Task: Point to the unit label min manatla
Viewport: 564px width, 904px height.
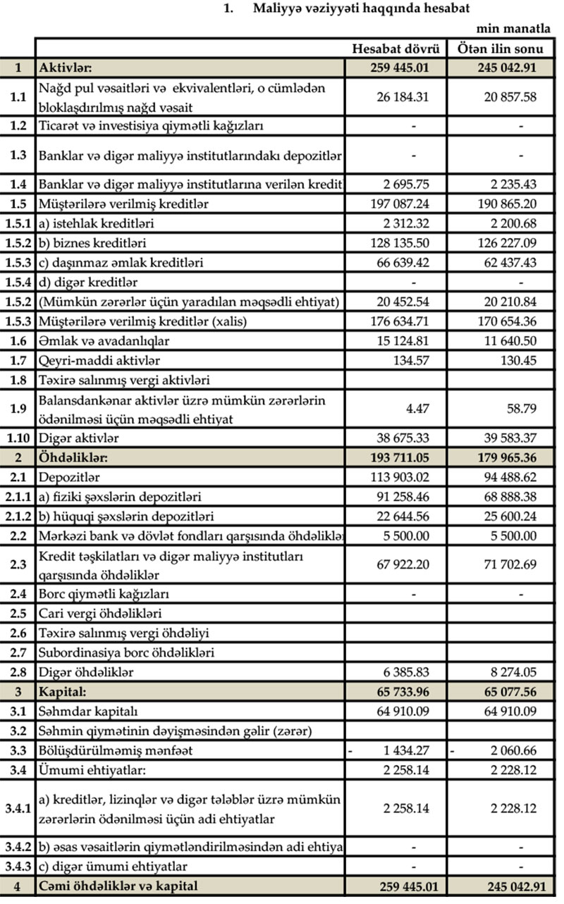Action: point(515,29)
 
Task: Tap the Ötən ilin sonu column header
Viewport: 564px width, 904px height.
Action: point(501,49)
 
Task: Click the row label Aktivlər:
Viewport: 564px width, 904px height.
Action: point(66,68)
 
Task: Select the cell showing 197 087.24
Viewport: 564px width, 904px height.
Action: point(398,204)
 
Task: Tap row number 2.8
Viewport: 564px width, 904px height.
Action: point(18,672)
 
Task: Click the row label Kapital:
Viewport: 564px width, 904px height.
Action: point(63,692)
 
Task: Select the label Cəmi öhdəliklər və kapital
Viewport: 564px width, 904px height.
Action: point(118,886)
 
